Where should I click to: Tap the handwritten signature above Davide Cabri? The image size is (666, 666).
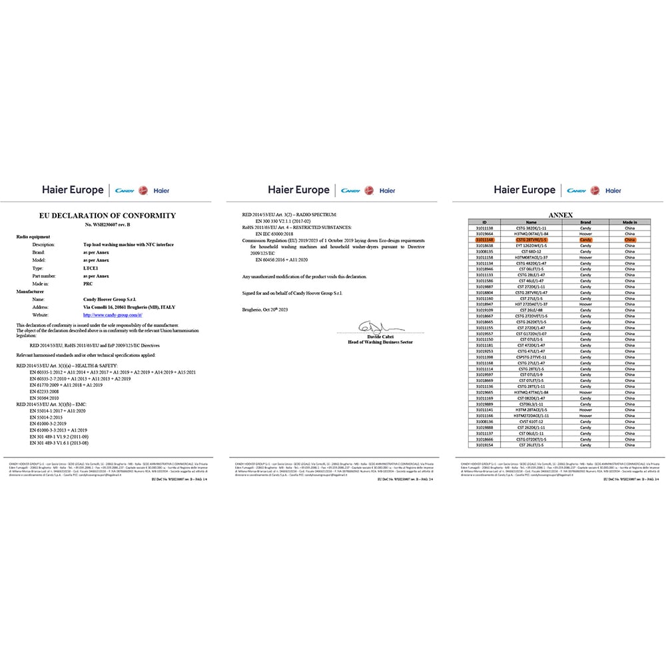373,326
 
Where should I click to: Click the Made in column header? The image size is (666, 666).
629,222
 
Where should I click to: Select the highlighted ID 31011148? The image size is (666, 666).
485,240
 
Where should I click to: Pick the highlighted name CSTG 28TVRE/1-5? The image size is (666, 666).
531,240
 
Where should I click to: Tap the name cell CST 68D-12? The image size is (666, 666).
531,251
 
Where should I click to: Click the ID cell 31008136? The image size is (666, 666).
485,422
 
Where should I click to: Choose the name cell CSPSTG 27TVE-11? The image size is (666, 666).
531,357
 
